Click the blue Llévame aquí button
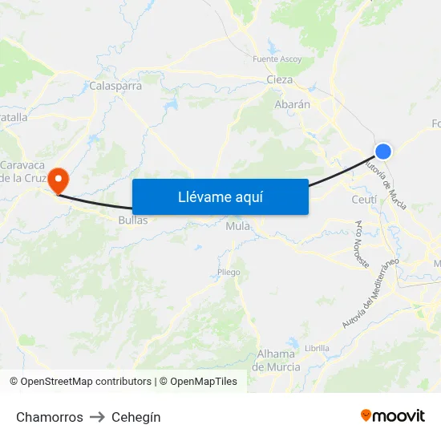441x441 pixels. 220,196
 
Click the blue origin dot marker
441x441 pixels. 383,151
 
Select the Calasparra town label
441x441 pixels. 115,85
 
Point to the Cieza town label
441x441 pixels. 280,80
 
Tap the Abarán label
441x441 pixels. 292,104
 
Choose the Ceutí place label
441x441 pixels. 364,199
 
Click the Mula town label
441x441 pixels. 237,226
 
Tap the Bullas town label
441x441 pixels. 132,220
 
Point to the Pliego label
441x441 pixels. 229,273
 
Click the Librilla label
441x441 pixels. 317,348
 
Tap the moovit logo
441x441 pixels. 392,415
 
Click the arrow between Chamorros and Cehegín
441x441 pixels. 97,417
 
